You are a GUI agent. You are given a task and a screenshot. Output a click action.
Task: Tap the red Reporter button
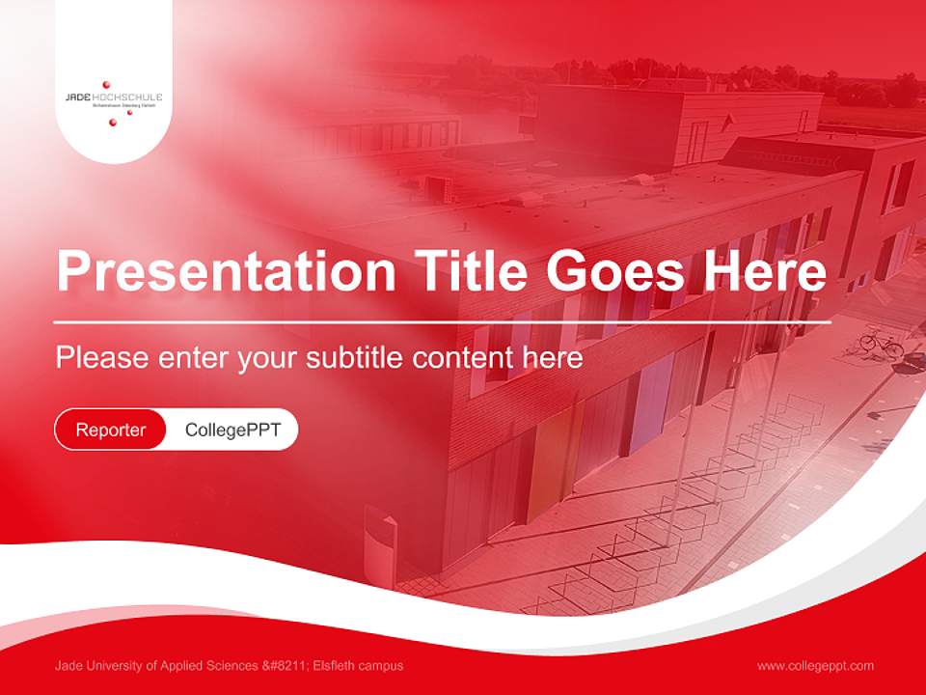pos(111,430)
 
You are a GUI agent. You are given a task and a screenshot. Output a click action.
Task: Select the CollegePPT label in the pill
pos(232,430)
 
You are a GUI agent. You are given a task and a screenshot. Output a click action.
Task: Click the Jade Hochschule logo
pos(113,99)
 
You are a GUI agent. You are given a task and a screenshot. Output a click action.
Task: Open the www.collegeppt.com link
pos(815,666)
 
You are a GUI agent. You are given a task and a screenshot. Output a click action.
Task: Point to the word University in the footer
pos(109,666)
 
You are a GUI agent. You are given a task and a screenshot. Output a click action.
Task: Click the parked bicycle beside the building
pos(881,343)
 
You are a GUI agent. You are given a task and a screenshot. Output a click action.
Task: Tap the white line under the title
pos(442,321)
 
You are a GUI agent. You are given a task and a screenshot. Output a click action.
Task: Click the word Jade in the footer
pos(68,666)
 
